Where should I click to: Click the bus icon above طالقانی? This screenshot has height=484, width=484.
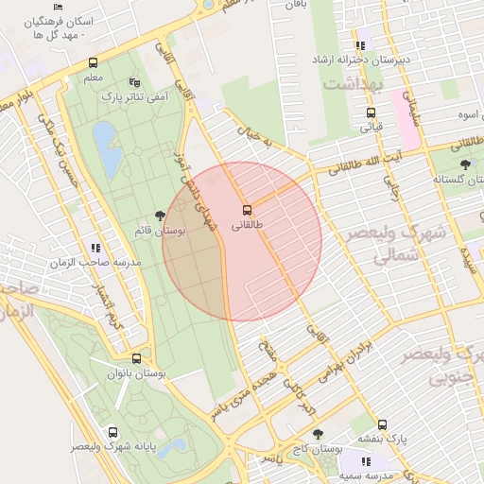pyautogui.click(x=248, y=209)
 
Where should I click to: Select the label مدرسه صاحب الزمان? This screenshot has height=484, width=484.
pyautogui.click(x=96, y=262)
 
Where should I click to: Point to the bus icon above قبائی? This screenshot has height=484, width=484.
pyautogui.click(x=371, y=112)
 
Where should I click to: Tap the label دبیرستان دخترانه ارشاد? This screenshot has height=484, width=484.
pyautogui.click(x=364, y=60)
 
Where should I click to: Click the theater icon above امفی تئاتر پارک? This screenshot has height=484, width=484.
pyautogui.click(x=133, y=82)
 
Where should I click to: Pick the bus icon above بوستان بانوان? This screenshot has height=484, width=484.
pyautogui.click(x=137, y=359)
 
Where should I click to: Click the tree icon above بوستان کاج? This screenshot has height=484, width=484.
pyautogui.click(x=319, y=434)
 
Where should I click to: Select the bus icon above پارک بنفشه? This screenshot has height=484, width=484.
pyautogui.click(x=383, y=424)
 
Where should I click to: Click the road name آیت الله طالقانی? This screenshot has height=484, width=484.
pyautogui.click(x=378, y=162)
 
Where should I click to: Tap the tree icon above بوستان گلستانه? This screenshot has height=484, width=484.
pyautogui.click(x=464, y=164)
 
